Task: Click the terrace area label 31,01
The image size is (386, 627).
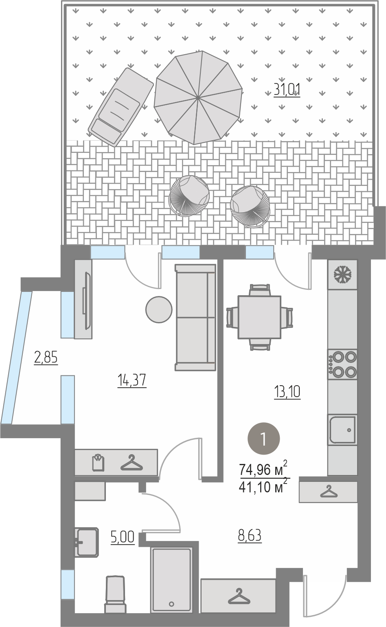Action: click(x=287, y=90)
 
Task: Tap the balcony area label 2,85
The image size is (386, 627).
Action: click(x=46, y=358)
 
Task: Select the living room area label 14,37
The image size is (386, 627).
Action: click(x=132, y=380)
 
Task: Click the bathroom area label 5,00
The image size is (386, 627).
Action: click(x=123, y=537)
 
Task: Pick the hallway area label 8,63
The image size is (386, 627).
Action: click(x=250, y=536)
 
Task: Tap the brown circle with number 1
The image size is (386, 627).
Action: click(x=263, y=438)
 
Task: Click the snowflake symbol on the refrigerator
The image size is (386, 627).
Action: click(x=342, y=274)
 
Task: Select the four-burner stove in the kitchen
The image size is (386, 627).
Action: click(x=342, y=364)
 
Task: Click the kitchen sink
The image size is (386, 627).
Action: click(x=342, y=430)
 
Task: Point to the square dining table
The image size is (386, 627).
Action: click(x=259, y=317)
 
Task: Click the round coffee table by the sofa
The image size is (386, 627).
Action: click(x=159, y=309)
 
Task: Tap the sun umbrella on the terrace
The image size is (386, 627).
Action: click(x=198, y=97)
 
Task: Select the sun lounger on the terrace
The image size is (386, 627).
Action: click(x=121, y=107)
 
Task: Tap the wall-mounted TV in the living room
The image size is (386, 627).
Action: click(x=87, y=301)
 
